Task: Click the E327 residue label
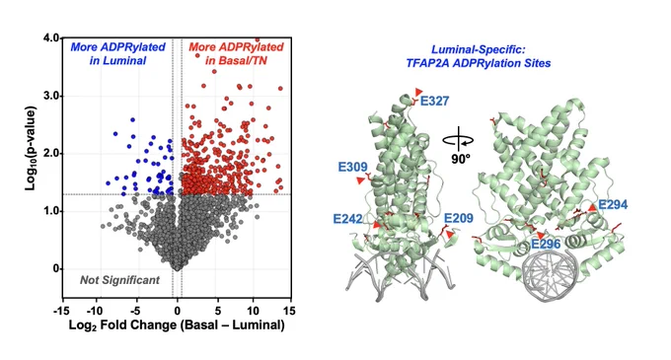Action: point(435,101)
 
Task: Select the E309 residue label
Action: point(352,167)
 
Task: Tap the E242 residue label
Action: point(347,219)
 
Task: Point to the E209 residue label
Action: point(459,219)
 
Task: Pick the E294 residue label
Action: point(613,205)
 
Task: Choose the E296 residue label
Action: point(546,245)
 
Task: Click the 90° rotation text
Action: point(461,159)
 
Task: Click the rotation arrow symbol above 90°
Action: point(458,139)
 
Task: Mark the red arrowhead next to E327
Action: point(418,92)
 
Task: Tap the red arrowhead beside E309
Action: point(361,180)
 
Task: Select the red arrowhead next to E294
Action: point(592,208)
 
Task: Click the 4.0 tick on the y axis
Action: point(50,38)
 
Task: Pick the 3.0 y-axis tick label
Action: point(50,96)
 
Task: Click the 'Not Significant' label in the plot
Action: point(119,280)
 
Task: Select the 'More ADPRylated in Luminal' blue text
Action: point(117,53)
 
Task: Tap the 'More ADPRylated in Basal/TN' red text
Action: point(236,53)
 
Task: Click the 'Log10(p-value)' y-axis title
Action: point(30,148)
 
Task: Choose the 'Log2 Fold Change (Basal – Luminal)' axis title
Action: point(177,324)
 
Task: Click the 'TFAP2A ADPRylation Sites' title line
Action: point(478,63)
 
